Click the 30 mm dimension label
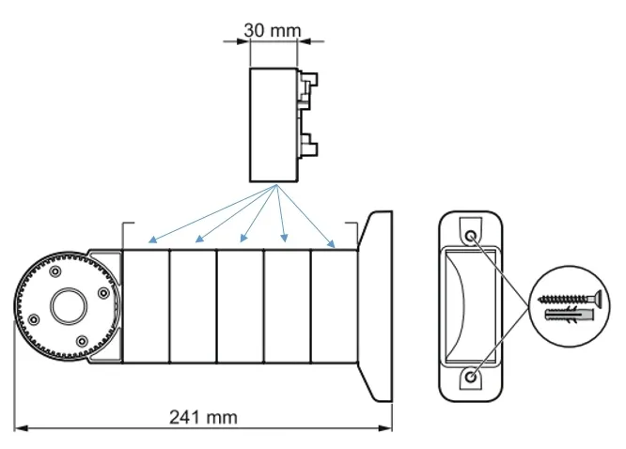[273, 29]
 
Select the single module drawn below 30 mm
[274, 124]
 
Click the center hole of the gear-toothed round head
[68, 305]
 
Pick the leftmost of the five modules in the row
[146, 305]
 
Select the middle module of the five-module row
[240, 305]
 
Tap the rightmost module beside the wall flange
[334, 305]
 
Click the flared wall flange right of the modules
[378, 305]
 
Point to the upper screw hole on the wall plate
[470, 235]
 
